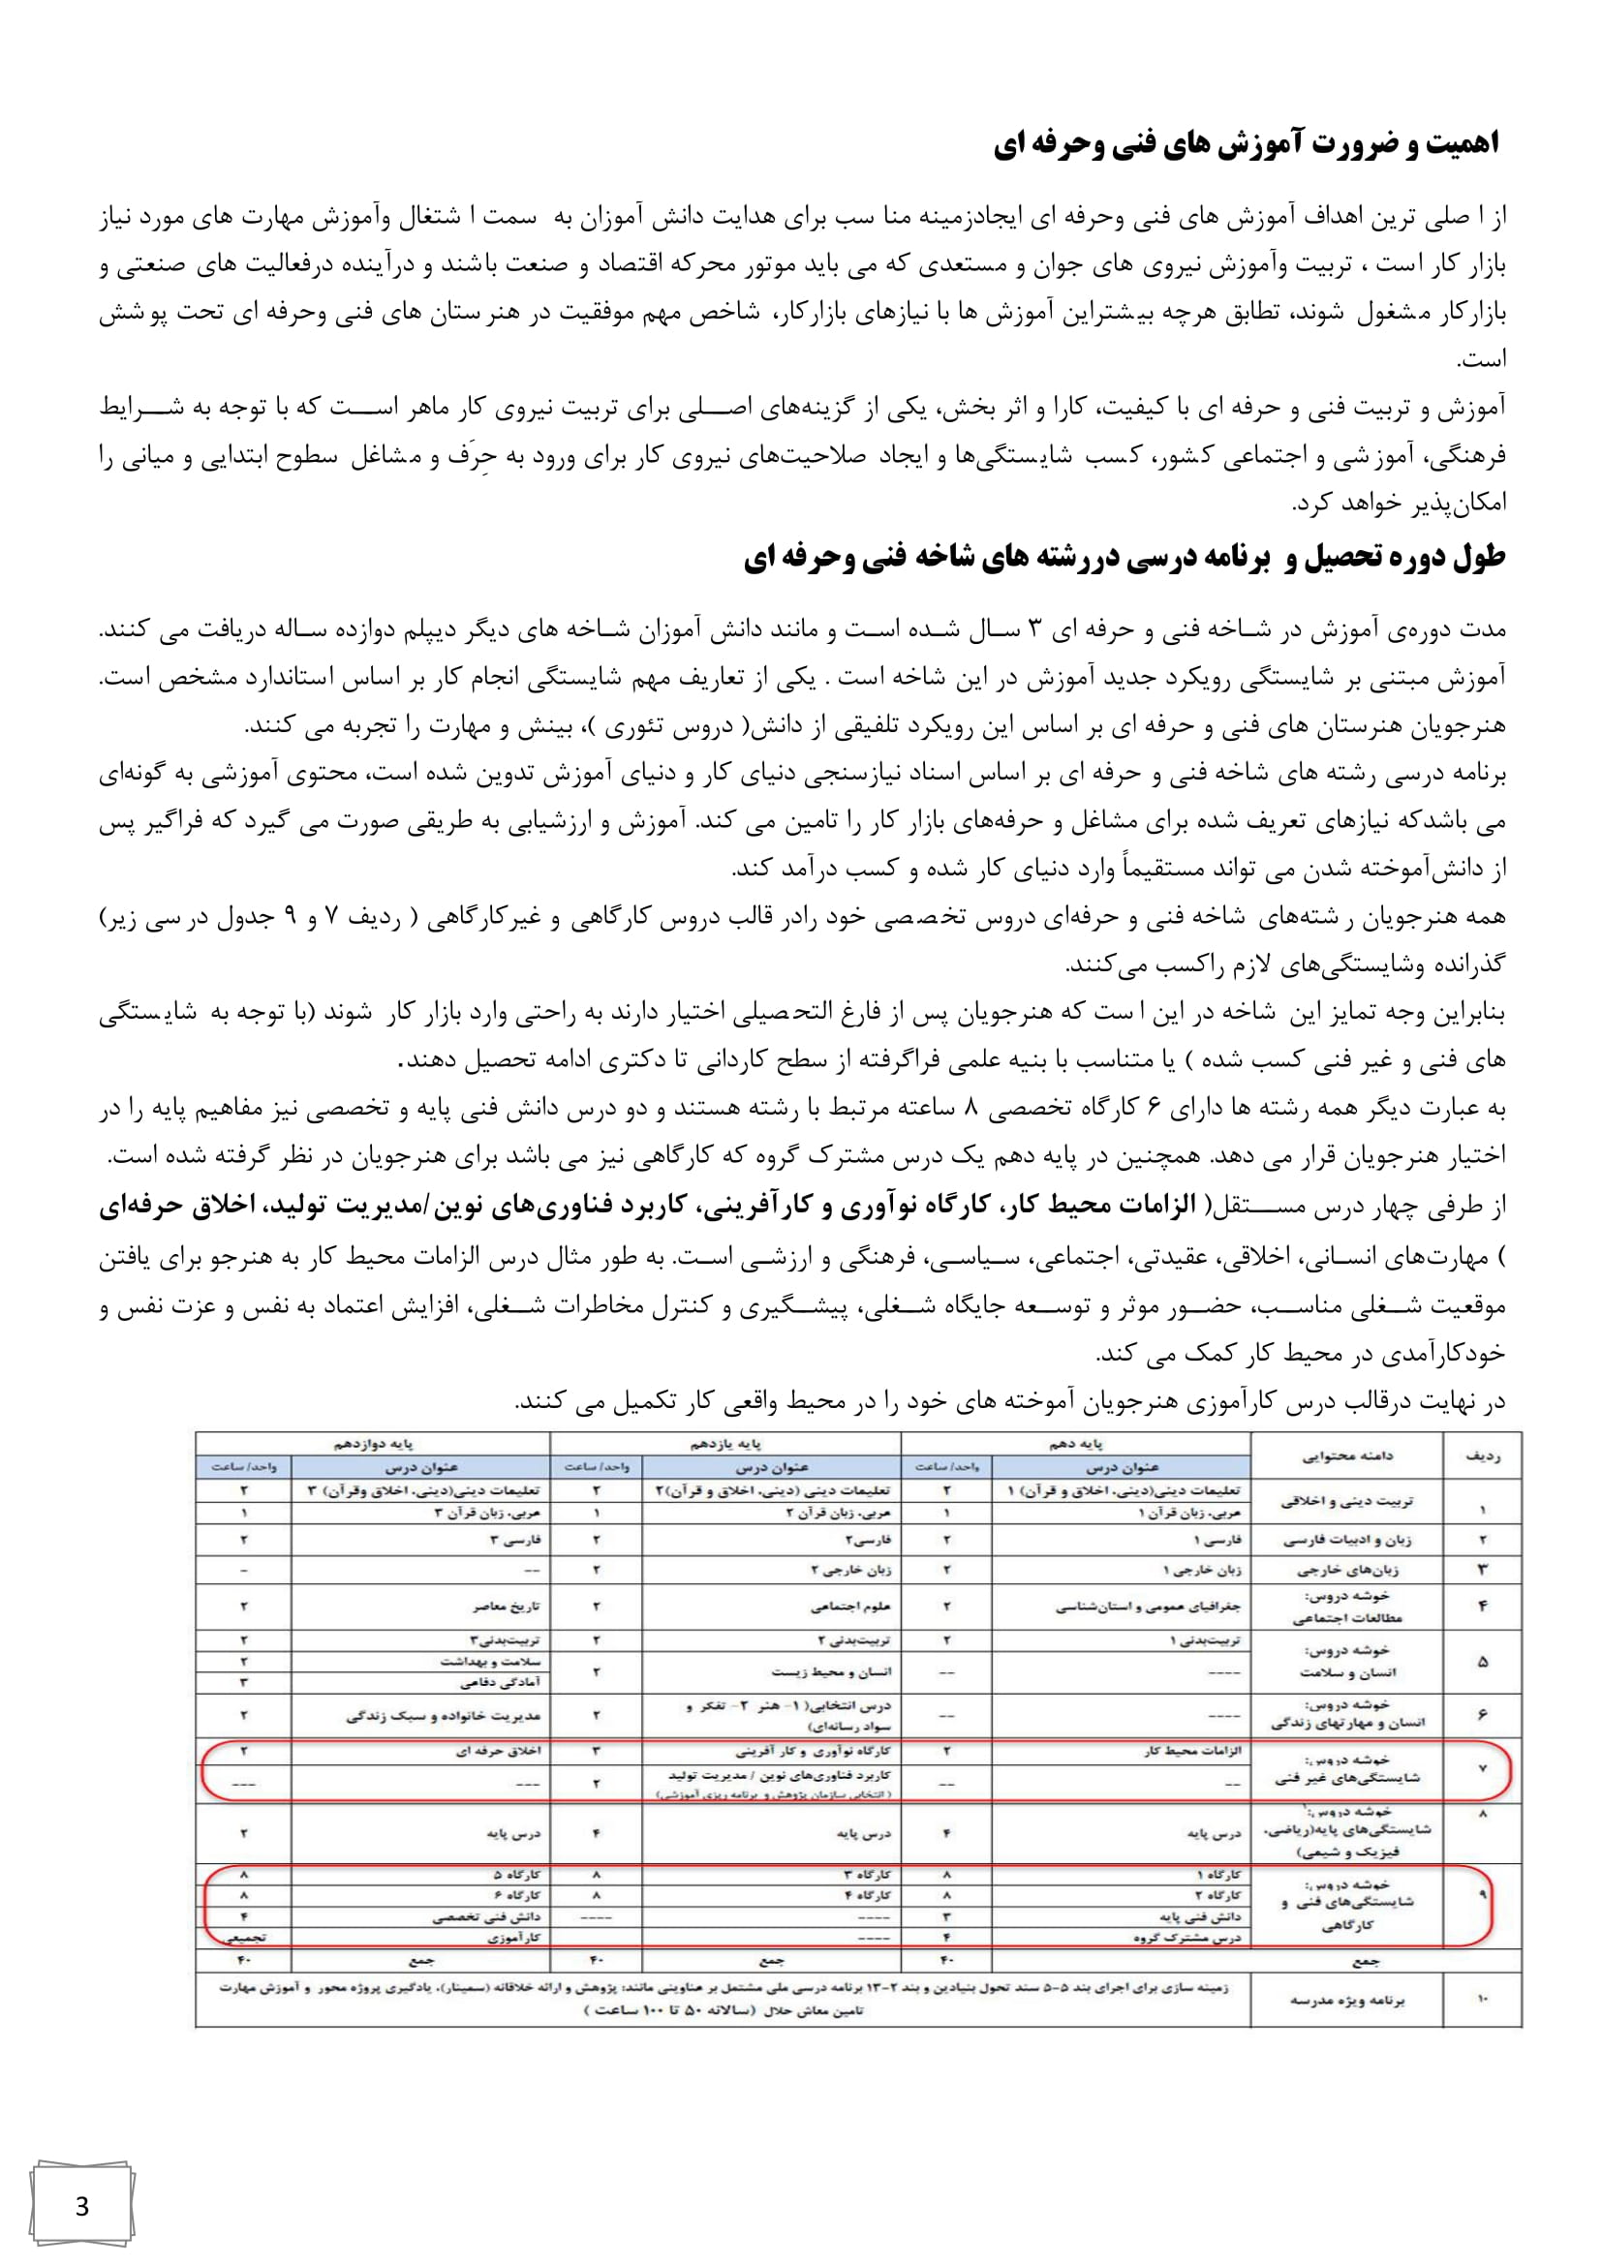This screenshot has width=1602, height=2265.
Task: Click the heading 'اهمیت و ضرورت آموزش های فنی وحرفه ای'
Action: tap(1245, 145)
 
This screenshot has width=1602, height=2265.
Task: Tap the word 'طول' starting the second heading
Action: tap(1481, 559)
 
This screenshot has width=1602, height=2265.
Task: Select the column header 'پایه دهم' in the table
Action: tap(1075, 1444)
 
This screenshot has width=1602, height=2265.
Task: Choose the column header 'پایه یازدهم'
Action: tap(725, 1444)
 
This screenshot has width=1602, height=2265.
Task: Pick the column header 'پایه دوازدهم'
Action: tap(372, 1444)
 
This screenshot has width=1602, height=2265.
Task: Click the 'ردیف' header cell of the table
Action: tap(1483, 1456)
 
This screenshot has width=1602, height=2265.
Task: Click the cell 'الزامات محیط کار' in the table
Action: tap(1192, 1751)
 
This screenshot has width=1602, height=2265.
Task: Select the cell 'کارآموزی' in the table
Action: tap(514, 1938)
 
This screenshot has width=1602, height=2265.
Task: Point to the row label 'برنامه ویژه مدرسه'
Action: tap(1347, 2001)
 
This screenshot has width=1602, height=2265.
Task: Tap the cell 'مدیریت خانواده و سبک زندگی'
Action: tap(443, 1716)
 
